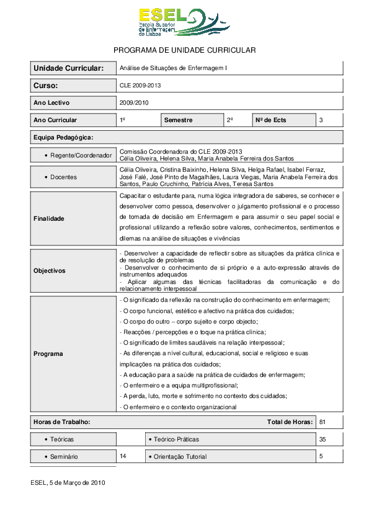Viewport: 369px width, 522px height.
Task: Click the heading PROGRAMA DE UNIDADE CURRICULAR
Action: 185,50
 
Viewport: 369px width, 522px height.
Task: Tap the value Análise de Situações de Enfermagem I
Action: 174,68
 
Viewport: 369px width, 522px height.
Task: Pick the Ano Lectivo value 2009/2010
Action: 134,103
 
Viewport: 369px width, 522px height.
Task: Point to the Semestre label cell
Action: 178,120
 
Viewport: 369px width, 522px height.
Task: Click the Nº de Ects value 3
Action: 321,120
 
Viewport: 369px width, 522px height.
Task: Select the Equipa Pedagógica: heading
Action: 63,137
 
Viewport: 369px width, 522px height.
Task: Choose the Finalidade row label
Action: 49,219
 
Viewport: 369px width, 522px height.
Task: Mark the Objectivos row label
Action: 50,271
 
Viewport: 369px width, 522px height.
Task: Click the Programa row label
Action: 48,354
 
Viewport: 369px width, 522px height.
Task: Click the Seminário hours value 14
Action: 123,456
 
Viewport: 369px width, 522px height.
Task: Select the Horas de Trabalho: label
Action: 62,422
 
